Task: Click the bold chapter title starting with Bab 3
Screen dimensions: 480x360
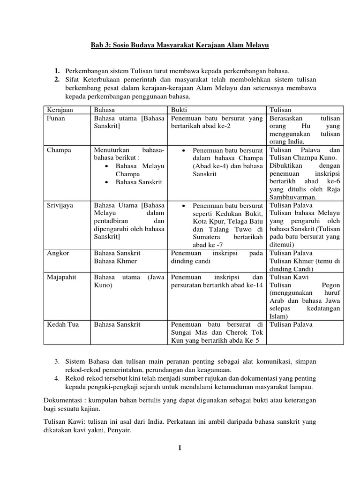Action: click(180, 46)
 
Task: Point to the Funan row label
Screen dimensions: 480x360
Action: click(56, 119)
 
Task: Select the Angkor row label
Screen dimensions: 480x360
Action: click(58, 253)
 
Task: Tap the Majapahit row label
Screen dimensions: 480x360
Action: click(62, 277)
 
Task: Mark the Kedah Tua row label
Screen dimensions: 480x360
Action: click(62, 324)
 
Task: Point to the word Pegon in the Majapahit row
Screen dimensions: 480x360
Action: click(331, 285)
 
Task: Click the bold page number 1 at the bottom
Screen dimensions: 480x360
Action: click(179, 448)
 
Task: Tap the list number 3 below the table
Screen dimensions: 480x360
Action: click(56, 362)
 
